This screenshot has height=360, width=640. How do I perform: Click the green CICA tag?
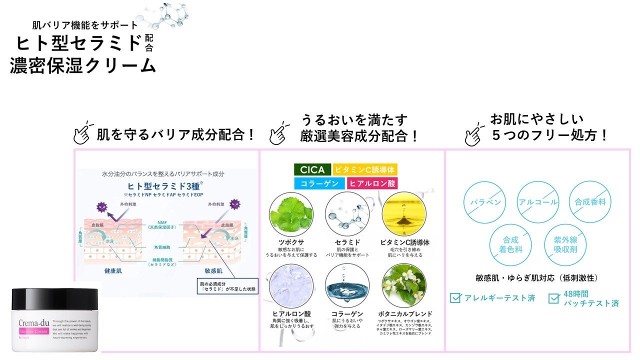312,169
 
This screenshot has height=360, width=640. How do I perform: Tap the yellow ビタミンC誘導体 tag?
365,169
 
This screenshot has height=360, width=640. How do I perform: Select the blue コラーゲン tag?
318,183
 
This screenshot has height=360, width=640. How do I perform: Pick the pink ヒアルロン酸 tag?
372,183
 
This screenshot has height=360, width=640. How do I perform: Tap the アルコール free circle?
537,202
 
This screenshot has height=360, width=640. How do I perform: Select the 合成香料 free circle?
590,202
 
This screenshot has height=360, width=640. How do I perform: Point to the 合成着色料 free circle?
510,245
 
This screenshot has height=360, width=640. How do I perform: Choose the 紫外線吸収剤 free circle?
565,245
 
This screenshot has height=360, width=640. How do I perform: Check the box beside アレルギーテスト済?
455,298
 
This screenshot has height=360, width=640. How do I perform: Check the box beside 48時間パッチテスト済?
553,298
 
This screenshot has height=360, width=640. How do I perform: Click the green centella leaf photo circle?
291,214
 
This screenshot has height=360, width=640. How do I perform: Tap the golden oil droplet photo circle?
403,214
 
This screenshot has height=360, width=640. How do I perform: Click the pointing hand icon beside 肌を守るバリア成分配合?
83,133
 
